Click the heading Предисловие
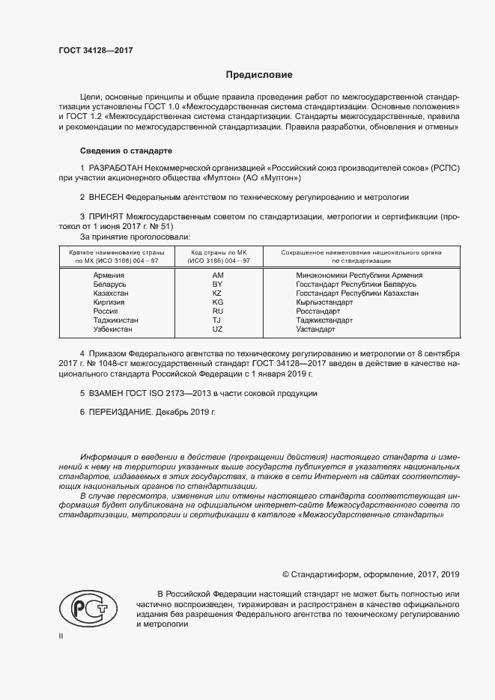coord(259,75)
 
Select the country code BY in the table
coord(218,284)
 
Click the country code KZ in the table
coord(218,293)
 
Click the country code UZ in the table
coord(218,329)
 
